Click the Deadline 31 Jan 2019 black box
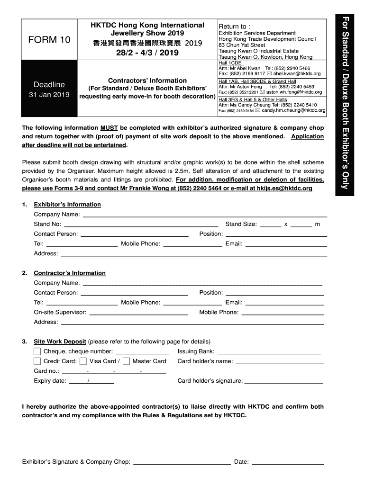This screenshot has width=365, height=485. (x=49, y=89)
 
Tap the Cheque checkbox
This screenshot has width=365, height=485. (x=37, y=351)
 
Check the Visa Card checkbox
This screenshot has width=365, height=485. (x=83, y=361)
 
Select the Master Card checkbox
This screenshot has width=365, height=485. (x=126, y=361)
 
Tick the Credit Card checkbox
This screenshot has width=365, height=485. (x=37, y=361)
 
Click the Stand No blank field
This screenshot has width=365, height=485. (x=141, y=225)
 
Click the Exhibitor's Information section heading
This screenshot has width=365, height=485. (x=67, y=205)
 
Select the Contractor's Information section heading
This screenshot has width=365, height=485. (x=69, y=273)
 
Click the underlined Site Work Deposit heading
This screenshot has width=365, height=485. (x=60, y=341)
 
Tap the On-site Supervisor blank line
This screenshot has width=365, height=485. (x=138, y=313)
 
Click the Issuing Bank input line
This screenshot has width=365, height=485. (x=269, y=352)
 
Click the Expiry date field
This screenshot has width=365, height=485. (x=91, y=381)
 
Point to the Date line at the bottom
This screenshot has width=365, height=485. (x=287, y=462)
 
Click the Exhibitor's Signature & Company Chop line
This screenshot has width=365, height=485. (x=182, y=462)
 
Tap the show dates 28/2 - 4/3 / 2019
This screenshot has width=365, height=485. (x=147, y=53)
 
